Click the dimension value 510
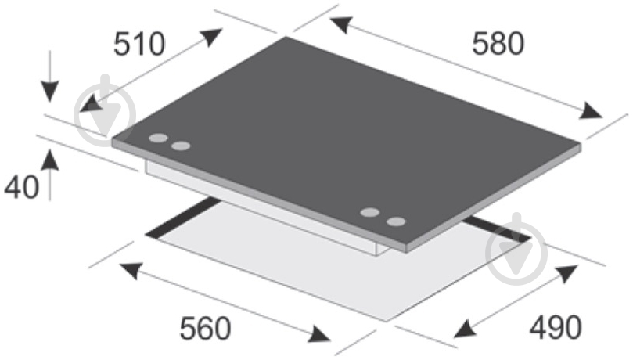pos(139,44)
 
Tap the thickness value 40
pos(21,187)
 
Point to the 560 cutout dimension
pos(205,328)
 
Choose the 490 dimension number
pos(556,327)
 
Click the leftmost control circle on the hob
pos(158,138)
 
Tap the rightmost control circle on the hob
pos(396,221)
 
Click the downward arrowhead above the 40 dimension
pos(50,92)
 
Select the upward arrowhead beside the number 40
pos(50,160)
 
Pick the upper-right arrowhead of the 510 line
pos(211,36)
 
